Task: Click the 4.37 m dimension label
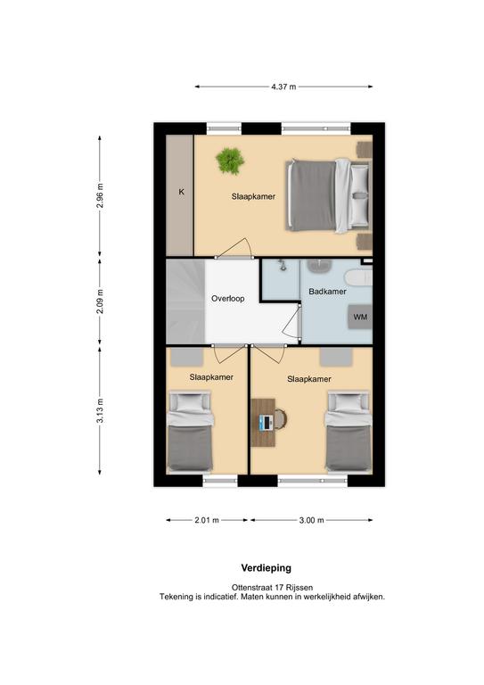[x=283, y=87]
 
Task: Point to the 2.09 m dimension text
[x=100, y=301]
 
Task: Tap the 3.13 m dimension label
[x=100, y=410]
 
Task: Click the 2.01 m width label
[x=207, y=520]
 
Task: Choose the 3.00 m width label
[x=312, y=520]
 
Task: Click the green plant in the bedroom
[x=230, y=161]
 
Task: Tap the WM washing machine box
[x=360, y=317]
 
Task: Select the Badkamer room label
[x=327, y=292]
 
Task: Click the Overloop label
[x=228, y=299]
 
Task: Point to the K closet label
[x=182, y=192]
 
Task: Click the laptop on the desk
[x=266, y=422]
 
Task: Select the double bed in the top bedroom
[x=328, y=195]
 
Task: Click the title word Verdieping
[x=267, y=568]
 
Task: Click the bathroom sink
[x=320, y=267]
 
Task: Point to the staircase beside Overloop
[x=185, y=301]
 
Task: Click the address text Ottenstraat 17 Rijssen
[x=272, y=588]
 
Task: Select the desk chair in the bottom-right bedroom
[x=280, y=418]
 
